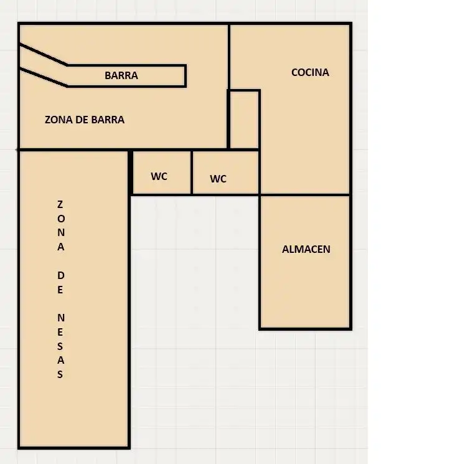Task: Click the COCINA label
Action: [310, 72]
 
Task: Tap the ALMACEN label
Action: [306, 249]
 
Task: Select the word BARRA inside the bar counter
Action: [121, 75]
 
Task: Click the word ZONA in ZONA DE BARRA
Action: [59, 120]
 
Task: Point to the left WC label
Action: [159, 176]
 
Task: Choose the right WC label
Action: [219, 179]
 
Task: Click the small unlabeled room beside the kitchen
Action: [244, 120]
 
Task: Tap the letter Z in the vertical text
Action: [60, 204]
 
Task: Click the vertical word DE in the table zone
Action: [60, 283]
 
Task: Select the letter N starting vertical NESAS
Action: [61, 318]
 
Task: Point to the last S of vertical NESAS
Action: [60, 374]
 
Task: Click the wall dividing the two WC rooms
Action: [192, 173]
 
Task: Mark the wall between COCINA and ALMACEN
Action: [305, 196]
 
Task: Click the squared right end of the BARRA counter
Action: [186, 75]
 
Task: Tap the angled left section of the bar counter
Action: [44, 66]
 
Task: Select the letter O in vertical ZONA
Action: [61, 219]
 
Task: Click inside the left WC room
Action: [162, 173]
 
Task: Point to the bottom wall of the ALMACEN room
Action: [305, 329]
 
